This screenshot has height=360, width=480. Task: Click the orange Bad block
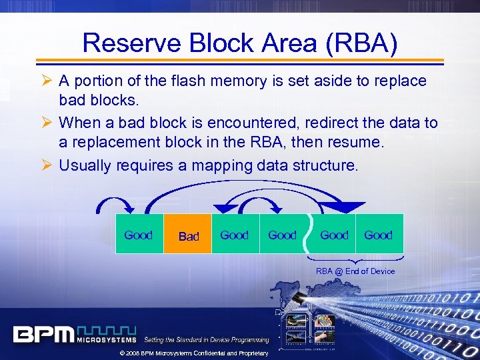pyautogui.click(x=189, y=235)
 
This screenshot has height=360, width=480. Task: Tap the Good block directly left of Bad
pyautogui.click(x=139, y=235)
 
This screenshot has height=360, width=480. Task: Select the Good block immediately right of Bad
pyautogui.click(x=234, y=235)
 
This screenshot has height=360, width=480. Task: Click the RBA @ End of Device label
pyautogui.click(x=355, y=271)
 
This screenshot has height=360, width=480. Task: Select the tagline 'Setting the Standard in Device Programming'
pyautogui.click(x=207, y=340)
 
